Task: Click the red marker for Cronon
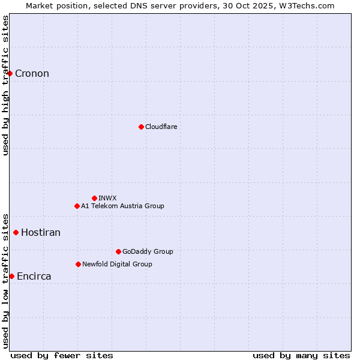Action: [10, 73]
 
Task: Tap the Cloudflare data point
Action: [141, 127]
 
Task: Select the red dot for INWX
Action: [94, 198]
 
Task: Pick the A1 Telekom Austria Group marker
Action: [77, 206]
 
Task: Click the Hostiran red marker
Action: [16, 232]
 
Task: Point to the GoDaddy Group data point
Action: [118, 251]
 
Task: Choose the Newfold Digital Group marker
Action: [78, 264]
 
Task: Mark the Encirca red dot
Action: [11, 276]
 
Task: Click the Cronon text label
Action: [32, 74]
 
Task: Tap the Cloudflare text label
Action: [161, 127]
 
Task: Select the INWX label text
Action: [107, 198]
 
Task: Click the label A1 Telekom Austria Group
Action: [122, 206]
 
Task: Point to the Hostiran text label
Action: [41, 233]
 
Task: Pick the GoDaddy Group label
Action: [148, 251]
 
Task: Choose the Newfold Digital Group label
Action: [117, 264]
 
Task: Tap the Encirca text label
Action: [34, 277]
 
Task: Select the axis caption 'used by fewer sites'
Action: [62, 355]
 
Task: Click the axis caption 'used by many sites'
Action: [301, 355]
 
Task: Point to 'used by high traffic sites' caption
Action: [5, 85]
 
